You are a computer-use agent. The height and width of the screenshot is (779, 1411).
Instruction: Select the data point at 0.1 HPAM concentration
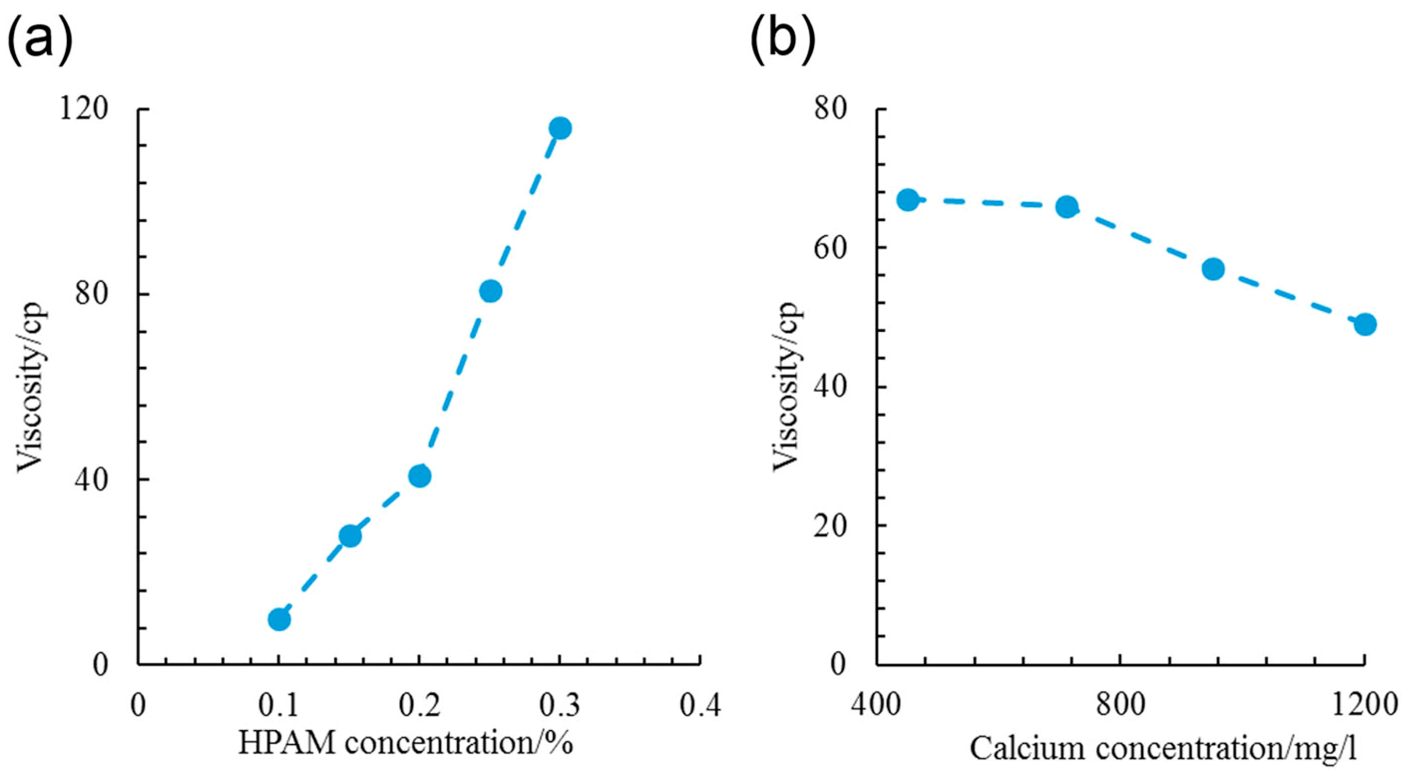pyautogui.click(x=279, y=620)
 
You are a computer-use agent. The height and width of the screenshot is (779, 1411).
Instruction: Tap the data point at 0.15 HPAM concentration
pyautogui.click(x=350, y=536)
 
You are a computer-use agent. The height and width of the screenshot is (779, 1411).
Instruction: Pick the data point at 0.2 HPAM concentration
pyautogui.click(x=420, y=476)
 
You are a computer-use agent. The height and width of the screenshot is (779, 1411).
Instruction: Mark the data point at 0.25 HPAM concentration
pyautogui.click(x=490, y=291)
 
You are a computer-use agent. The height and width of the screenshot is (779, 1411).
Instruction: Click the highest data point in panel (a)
pyautogui.click(x=560, y=128)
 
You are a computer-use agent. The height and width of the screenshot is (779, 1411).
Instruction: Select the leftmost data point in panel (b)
pyautogui.click(x=907, y=200)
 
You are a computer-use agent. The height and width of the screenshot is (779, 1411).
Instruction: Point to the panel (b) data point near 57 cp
pyautogui.click(x=1213, y=269)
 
